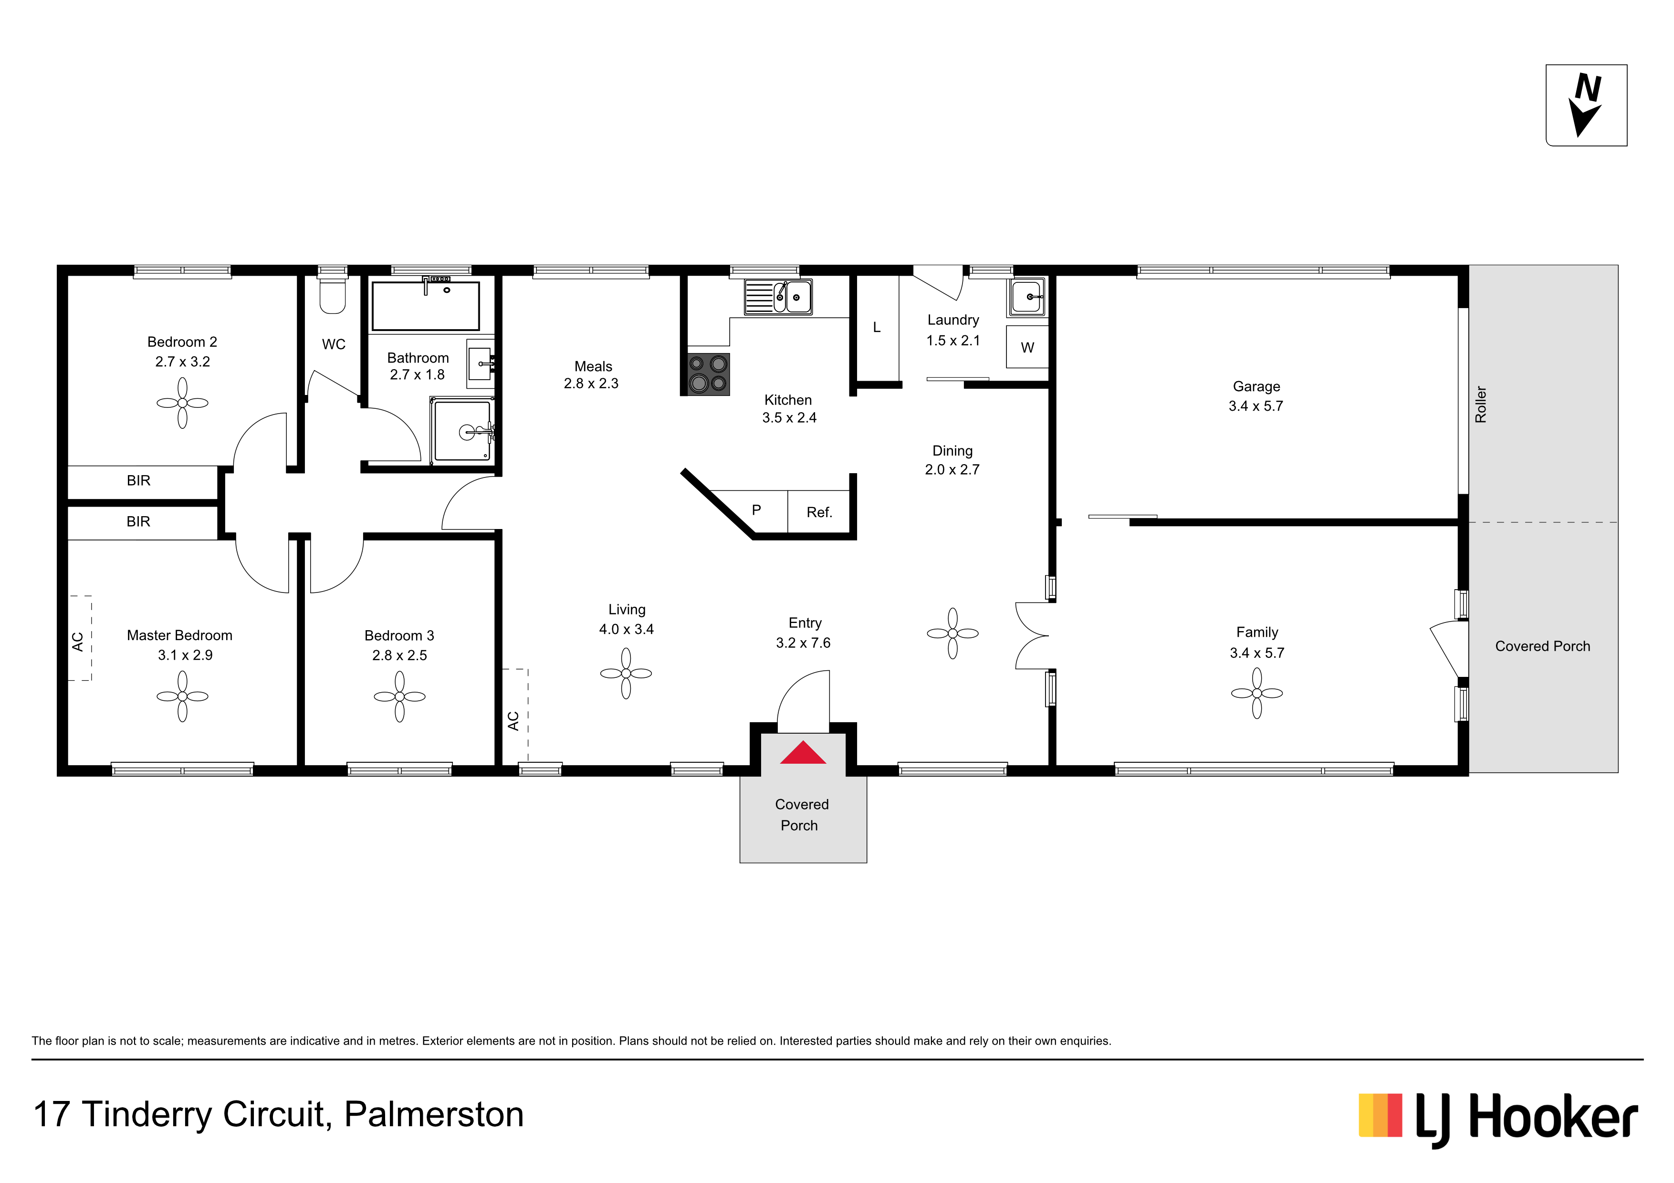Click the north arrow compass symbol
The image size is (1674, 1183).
click(1587, 104)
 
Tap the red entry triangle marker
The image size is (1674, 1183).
click(803, 753)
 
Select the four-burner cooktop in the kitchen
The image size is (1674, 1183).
click(708, 374)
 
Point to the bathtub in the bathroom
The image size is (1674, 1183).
click(426, 305)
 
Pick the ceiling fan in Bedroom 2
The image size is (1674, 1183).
click(182, 403)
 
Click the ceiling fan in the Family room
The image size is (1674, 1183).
click(1257, 693)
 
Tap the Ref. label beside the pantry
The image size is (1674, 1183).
click(819, 512)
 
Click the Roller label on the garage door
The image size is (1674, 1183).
click(1481, 405)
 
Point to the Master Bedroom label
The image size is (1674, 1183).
click(179, 635)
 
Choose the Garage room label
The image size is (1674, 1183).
click(1256, 386)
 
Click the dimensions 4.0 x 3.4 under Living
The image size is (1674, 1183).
click(626, 629)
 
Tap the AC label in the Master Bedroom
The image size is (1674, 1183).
click(78, 642)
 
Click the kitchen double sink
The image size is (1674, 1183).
click(778, 297)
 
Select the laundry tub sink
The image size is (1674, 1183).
click(1027, 297)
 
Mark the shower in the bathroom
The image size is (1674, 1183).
click(462, 431)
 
